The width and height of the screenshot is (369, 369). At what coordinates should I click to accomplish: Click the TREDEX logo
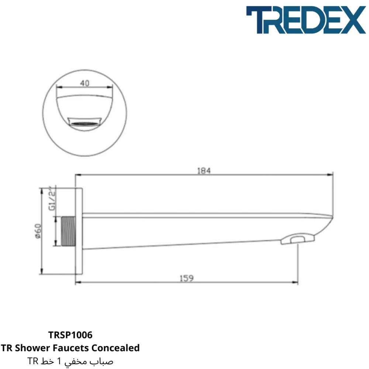[306, 20]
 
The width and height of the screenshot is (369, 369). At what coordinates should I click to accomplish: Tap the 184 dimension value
[204, 170]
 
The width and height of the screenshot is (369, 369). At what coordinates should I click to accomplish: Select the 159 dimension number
[187, 278]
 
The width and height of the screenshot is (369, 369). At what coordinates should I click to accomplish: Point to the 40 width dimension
[85, 83]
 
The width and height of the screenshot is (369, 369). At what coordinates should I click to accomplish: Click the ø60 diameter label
[38, 231]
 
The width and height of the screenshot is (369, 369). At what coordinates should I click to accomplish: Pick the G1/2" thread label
[52, 198]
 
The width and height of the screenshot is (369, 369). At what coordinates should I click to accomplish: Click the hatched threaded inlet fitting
[69, 231]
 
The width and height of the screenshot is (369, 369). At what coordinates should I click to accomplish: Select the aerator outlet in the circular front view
[85, 122]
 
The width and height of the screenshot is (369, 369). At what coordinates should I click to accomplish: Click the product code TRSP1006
[70, 335]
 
